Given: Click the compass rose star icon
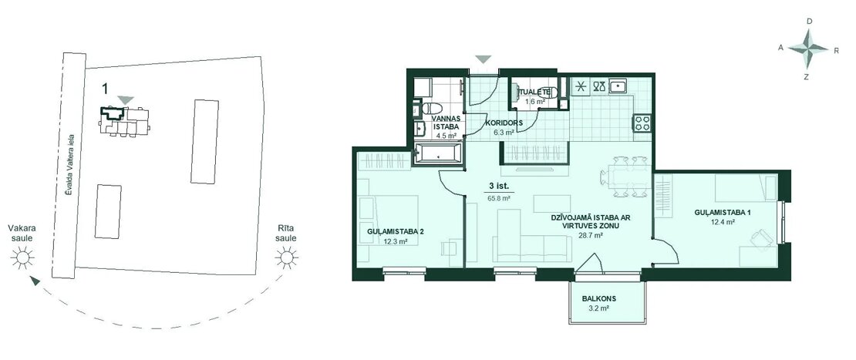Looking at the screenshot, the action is pos(808,49).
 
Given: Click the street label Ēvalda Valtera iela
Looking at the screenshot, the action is pos(69,169).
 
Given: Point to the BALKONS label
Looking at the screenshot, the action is pos(595,299).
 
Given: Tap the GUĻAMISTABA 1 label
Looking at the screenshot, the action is pos(722,212).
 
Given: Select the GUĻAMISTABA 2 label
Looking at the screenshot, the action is pos(396,231).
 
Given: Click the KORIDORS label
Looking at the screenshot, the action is pos(504,123).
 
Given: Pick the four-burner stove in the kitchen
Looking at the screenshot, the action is pos(641,123).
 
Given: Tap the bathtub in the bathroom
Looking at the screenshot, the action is pos(437,154).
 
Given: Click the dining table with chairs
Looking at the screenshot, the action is pos(624,177).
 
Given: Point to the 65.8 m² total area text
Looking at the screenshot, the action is pos(499,199).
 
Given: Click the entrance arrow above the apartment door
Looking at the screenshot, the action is pos(484,59).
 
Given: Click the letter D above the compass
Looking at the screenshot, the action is pos(809,22).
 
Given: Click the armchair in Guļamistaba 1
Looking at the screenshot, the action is pos(761,238).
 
